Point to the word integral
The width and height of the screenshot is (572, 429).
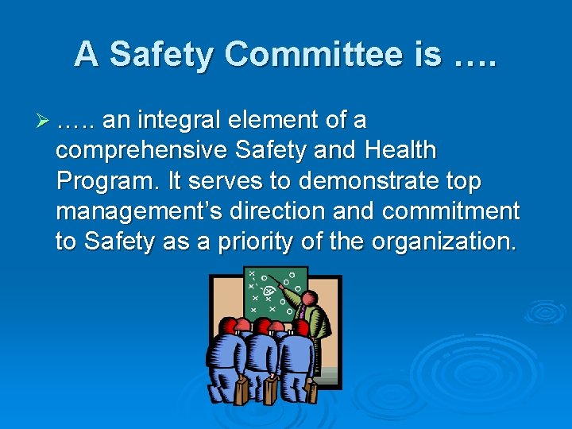pyautogui.click(x=181, y=121)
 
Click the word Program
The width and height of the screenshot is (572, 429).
pyautogui.click(x=108, y=181)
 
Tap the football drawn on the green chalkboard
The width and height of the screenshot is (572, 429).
pyautogui.click(x=271, y=292)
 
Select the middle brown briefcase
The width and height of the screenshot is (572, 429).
pyautogui.click(x=271, y=389)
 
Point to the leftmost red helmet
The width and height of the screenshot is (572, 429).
pyautogui.click(x=229, y=326)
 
